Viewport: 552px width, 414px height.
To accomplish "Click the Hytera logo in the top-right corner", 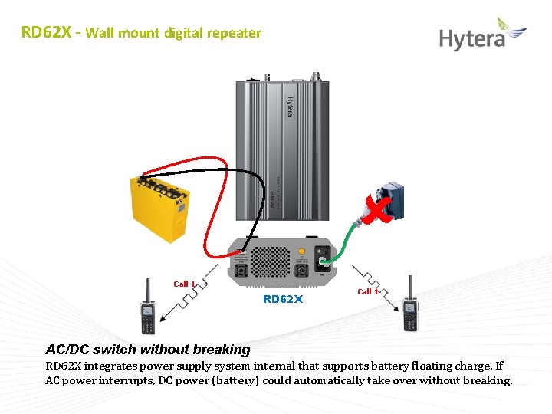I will point(482,35).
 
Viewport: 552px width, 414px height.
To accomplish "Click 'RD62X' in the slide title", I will point(45,33).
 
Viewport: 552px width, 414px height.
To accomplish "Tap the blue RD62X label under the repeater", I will point(283,299).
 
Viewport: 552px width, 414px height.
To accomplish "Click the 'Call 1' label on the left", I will point(184,284).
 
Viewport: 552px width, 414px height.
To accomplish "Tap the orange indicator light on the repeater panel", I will point(302,251).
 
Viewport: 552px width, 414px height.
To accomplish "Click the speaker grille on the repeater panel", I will point(268,261).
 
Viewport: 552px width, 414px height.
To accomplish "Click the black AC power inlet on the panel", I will point(324,264).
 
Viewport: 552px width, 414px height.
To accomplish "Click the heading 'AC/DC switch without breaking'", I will point(148,350).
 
